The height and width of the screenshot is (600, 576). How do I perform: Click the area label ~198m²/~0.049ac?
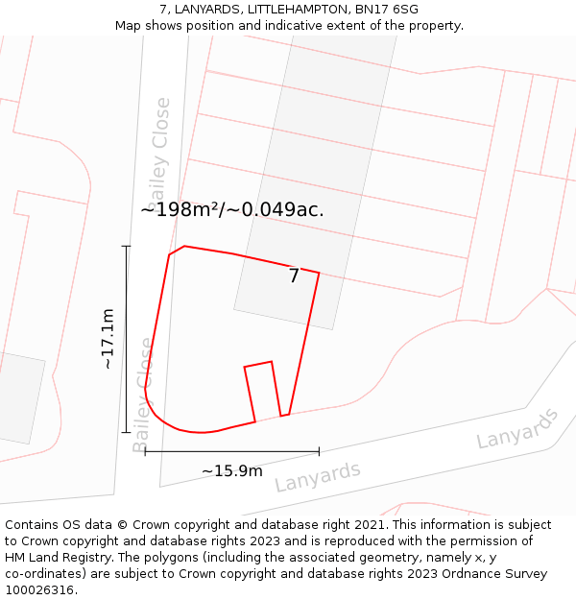pyautogui.click(x=232, y=209)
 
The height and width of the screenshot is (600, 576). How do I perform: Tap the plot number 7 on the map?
pyautogui.click(x=294, y=276)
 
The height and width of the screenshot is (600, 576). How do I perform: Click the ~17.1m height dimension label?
pyautogui.click(x=108, y=339)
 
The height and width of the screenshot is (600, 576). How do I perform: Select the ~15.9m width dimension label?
pyautogui.click(x=231, y=470)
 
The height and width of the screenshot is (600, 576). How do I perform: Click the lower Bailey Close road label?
pyautogui.click(x=143, y=395)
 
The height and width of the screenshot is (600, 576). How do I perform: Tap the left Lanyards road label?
pyautogui.click(x=317, y=476)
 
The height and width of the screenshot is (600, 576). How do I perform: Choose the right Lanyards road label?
pyautogui.click(x=517, y=428)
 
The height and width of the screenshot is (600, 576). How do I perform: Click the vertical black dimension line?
pyautogui.click(x=126, y=339)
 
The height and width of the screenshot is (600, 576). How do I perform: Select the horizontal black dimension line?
pyautogui.click(x=231, y=450)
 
